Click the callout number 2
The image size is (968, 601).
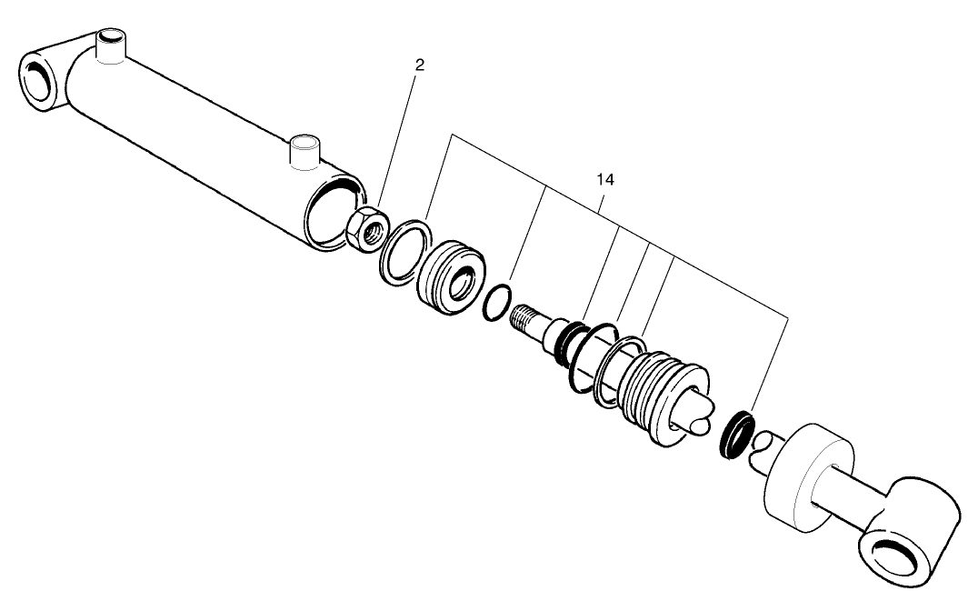click(419, 65)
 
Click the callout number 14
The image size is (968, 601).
click(605, 180)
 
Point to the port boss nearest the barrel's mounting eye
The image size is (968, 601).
click(110, 45)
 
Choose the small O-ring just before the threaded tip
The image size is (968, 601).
click(496, 302)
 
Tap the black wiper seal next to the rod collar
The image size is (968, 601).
click(736, 435)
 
